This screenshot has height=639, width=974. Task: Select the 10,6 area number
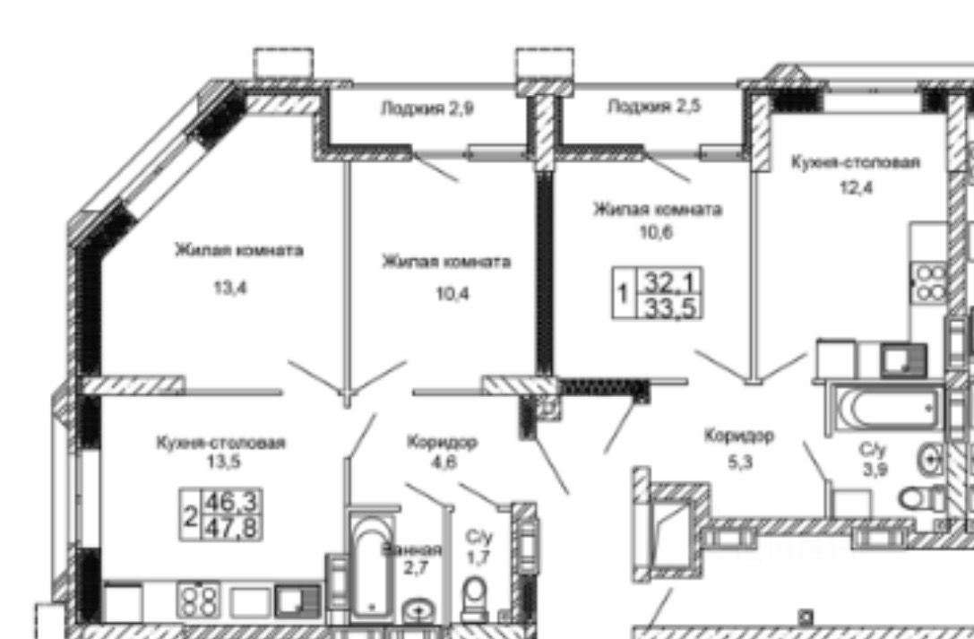pyautogui.click(x=657, y=229)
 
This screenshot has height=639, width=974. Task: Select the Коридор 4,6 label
pyautogui.click(x=441, y=452)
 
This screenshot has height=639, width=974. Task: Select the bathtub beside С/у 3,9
pyautogui.click(x=886, y=408)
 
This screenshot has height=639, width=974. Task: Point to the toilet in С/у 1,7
pyautogui.click(x=475, y=595)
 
